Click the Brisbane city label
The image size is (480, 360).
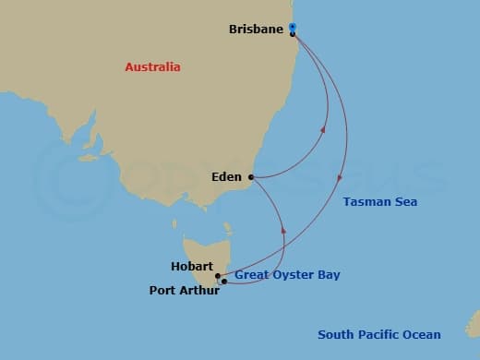(255, 30)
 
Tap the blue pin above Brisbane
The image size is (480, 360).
(292, 27)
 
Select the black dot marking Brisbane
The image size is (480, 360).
(292, 34)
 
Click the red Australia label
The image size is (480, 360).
(153, 67)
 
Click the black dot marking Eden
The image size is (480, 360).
(251, 177)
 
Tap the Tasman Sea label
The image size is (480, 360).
(379, 202)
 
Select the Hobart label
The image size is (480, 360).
(192, 267)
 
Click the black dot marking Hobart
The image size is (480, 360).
(218, 275)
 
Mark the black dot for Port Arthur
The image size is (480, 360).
(223, 282)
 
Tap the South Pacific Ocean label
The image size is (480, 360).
(378, 335)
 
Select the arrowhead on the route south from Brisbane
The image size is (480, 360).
(342, 176)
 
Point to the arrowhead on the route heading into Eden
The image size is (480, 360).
(283, 231)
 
